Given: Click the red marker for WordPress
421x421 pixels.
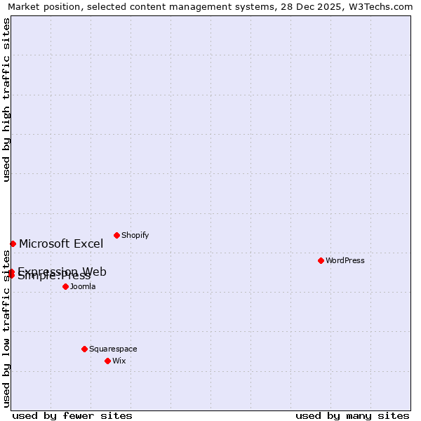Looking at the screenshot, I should click(321, 260).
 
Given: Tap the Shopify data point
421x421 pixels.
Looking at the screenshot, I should click(116, 235).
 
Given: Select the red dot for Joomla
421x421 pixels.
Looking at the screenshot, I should click(65, 286).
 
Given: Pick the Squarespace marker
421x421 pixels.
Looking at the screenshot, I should click(84, 349).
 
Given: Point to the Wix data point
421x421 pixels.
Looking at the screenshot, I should click(107, 361).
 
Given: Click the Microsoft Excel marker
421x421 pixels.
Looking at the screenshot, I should click(13, 243).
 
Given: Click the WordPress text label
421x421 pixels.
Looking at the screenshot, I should click(345, 260).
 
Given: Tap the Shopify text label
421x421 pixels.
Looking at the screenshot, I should click(135, 235).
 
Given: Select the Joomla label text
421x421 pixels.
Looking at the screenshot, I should click(83, 286).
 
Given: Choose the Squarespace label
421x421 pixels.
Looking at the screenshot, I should click(113, 349).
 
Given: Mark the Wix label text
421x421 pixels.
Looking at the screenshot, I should click(119, 361).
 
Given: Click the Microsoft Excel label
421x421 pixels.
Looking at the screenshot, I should click(61, 244).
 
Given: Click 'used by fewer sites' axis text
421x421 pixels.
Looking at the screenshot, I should click(72, 415).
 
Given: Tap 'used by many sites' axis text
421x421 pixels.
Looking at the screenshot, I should click(352, 415).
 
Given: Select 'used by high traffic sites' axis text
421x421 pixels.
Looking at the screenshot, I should click(6, 100).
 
